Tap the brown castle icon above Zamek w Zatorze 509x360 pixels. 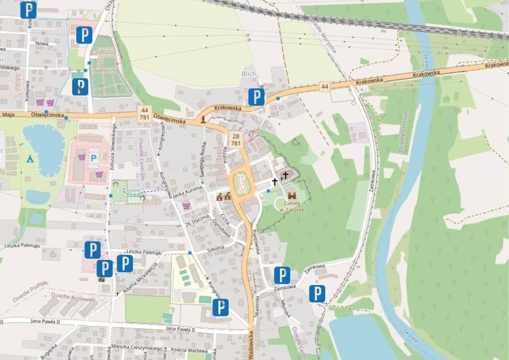(293, 196)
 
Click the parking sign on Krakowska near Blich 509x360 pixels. (256, 97)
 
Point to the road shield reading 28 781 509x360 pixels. (235, 139)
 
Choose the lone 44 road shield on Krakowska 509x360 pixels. (325, 87)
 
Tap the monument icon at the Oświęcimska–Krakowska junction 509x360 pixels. (202, 118)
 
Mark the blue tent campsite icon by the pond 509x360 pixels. (30, 159)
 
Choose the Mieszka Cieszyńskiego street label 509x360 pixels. (133, 347)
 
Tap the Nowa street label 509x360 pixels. (42, 43)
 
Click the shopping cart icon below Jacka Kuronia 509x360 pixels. (186, 207)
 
